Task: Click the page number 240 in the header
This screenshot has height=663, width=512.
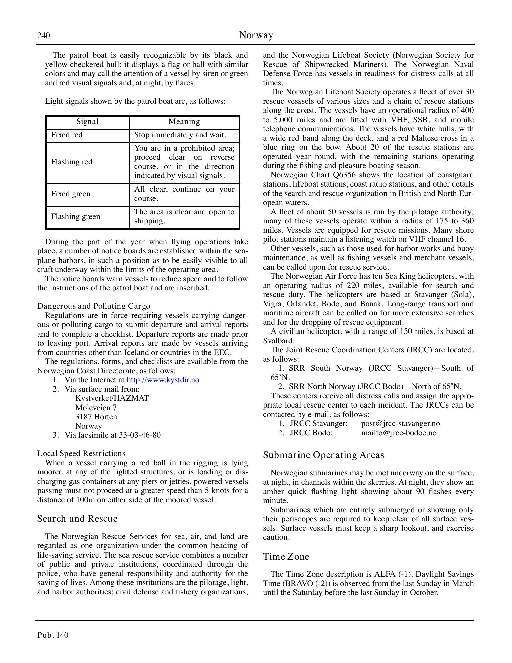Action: click(44, 35)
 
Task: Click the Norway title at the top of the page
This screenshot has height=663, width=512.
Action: click(256, 35)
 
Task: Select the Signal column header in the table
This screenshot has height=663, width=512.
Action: click(87, 122)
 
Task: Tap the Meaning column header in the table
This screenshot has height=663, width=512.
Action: click(184, 122)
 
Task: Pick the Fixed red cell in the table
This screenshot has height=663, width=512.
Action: click(67, 135)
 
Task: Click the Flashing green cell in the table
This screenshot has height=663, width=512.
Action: click(75, 217)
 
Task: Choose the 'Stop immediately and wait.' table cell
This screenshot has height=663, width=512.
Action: click(180, 135)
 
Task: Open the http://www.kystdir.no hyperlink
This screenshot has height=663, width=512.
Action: click(163, 380)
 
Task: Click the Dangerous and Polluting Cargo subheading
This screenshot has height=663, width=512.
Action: click(94, 306)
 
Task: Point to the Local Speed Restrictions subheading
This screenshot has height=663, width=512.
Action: click(81, 454)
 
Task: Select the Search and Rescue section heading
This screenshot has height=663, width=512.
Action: click(78, 519)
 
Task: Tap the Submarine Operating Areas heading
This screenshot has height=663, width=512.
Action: click(323, 455)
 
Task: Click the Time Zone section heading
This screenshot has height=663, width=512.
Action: click(286, 557)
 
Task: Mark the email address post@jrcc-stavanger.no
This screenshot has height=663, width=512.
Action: click(400, 424)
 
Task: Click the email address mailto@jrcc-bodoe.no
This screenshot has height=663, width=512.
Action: click(399, 433)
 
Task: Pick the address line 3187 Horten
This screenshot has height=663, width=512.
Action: click(96, 417)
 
